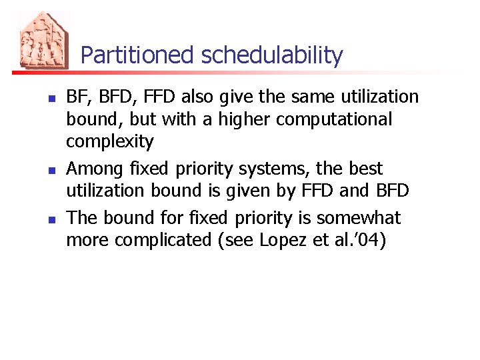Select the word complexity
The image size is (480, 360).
click(x=110, y=142)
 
